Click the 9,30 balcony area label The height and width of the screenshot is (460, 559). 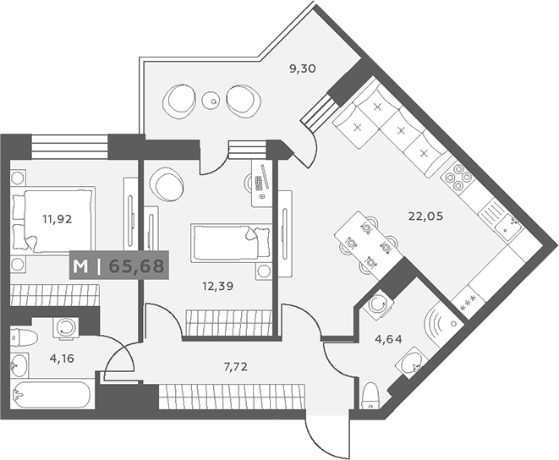coord(302,68)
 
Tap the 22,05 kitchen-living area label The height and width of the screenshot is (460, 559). coord(425,216)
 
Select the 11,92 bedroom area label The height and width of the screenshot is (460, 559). coord(57,219)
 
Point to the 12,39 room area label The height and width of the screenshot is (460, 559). coord(218,286)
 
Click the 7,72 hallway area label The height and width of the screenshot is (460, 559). coord(236,367)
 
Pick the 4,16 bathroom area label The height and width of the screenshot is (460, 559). coord(62,359)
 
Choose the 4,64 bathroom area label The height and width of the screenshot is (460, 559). coord(388,339)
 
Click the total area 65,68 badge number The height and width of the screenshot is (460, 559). coord(136,266)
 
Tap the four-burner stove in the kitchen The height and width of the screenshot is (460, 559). coord(458,178)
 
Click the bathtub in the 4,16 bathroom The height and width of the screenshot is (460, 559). coord(50,395)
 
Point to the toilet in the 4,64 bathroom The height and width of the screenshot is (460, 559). coord(370,397)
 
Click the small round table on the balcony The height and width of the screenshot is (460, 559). coord(212,101)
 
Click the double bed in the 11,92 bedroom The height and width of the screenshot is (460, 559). coord(52,221)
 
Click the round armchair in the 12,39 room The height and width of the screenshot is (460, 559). coord(167,183)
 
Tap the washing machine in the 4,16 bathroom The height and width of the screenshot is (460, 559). coord(66,327)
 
